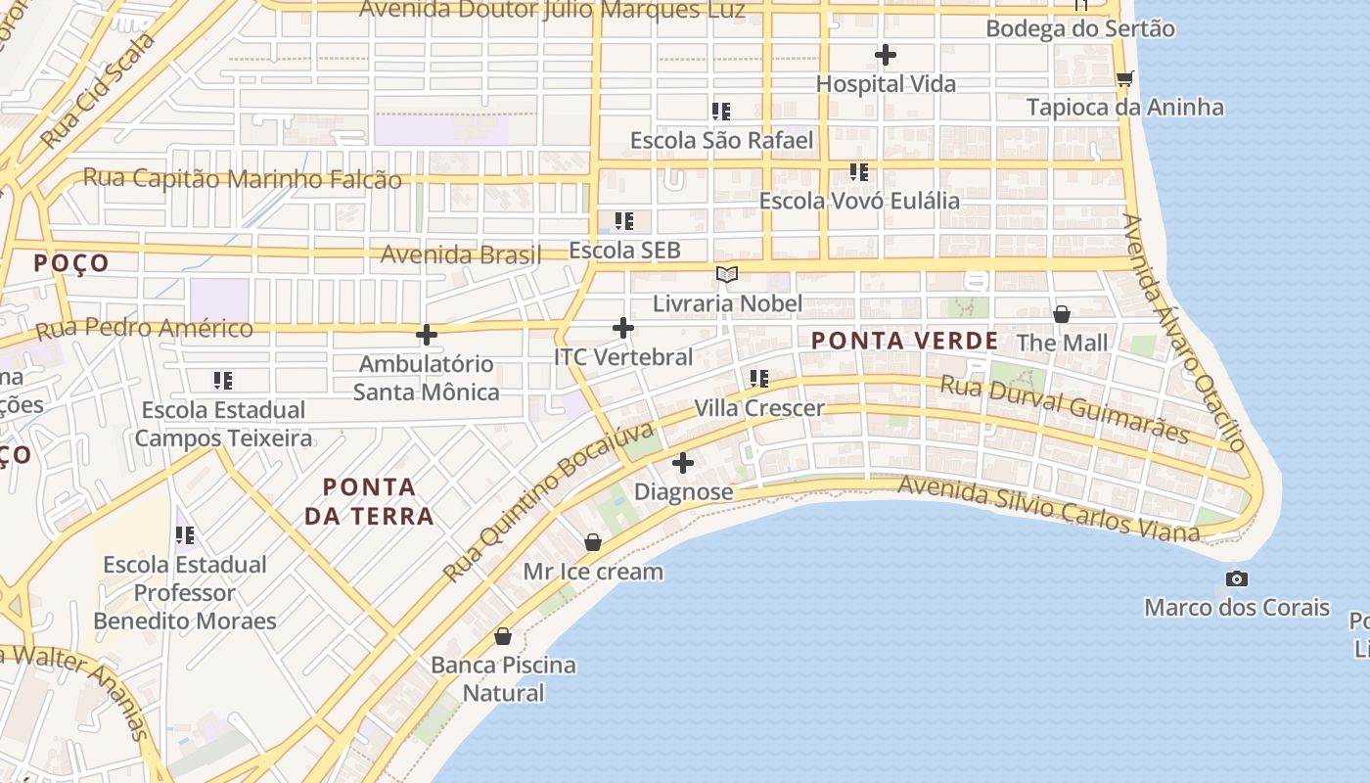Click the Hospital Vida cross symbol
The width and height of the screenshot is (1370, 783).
point(886,55)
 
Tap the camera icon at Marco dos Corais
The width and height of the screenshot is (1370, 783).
point(1237,578)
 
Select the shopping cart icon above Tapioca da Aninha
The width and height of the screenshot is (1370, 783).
point(1124,78)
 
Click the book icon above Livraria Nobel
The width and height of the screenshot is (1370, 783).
point(726,274)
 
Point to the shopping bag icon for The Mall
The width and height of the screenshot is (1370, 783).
point(1062,314)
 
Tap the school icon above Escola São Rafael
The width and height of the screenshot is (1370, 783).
point(721,112)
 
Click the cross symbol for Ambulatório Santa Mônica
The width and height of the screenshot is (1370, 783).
point(427,335)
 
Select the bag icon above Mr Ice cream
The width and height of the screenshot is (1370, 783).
point(593,542)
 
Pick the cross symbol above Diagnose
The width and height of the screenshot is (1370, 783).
point(683,463)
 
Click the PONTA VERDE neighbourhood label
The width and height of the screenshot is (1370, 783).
point(905,341)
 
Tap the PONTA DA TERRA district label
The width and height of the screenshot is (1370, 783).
point(369,501)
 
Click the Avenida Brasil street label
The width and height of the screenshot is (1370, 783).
point(461,254)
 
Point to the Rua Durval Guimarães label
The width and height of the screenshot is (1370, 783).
point(1065,410)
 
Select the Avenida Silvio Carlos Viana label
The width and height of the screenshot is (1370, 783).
point(1048,509)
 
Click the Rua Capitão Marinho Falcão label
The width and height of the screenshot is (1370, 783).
point(242,179)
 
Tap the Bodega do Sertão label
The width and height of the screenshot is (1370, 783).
point(1079,28)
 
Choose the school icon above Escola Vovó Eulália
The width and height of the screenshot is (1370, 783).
point(859,172)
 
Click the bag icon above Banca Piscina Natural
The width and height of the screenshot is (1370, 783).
point(503,636)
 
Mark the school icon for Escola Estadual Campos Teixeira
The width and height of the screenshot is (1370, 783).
point(223,380)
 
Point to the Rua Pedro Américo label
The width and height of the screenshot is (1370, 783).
point(145,328)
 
